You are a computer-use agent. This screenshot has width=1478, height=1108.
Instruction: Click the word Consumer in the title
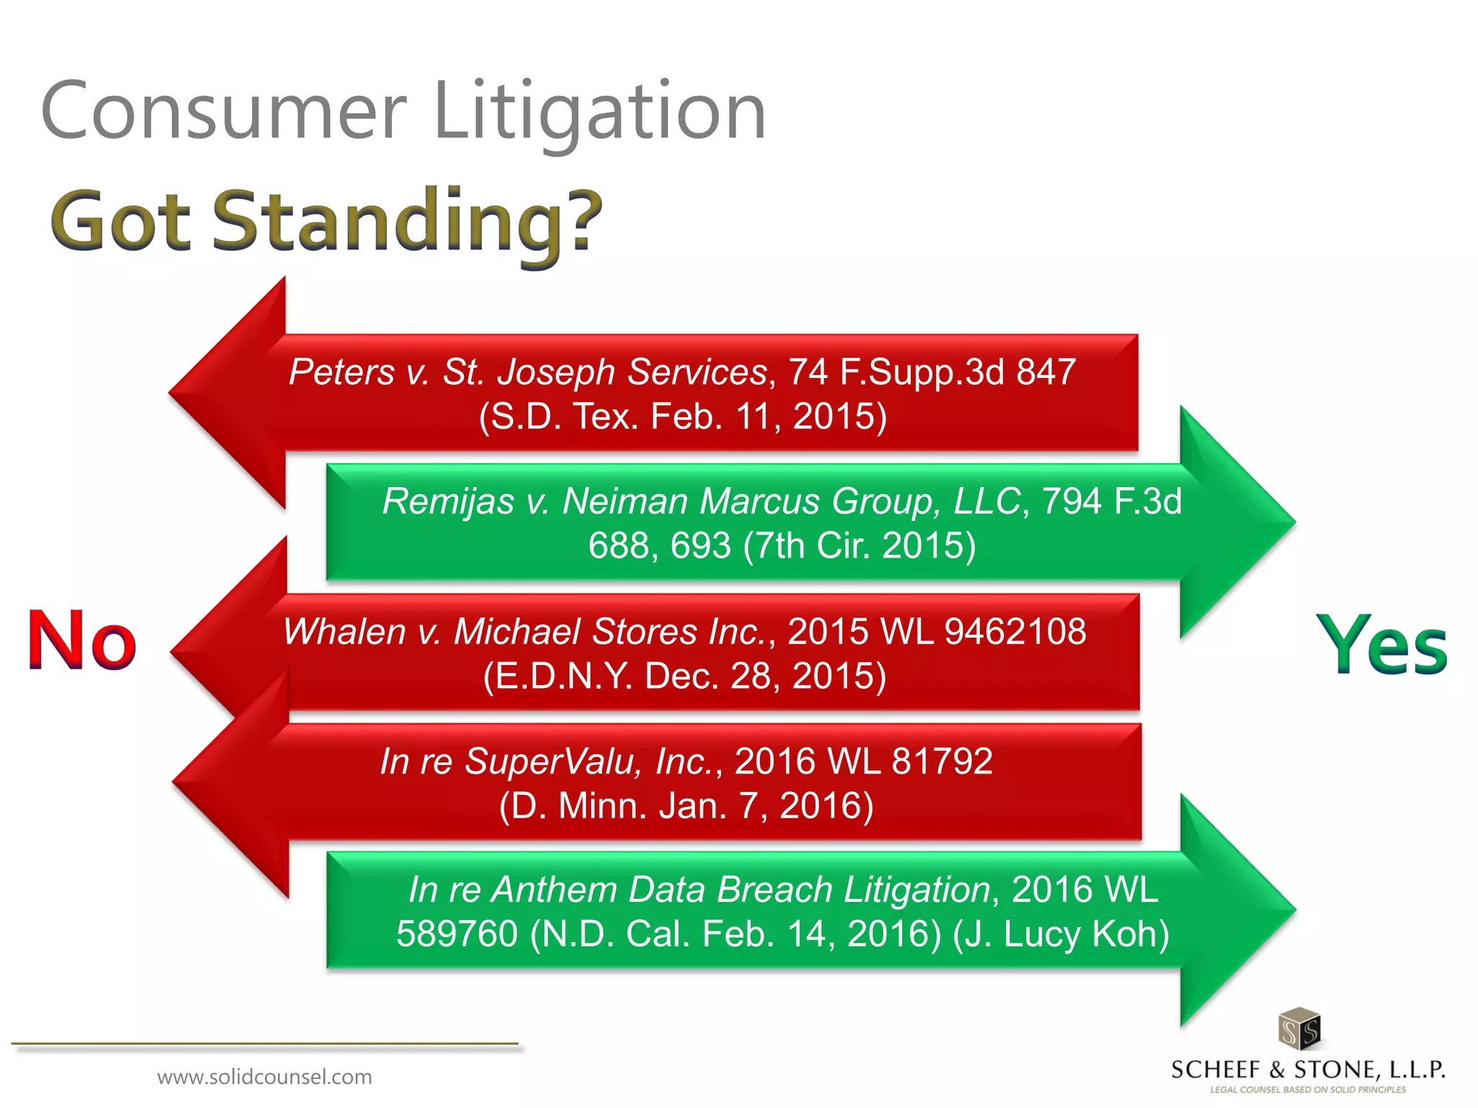224,112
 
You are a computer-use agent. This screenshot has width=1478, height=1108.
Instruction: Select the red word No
82,641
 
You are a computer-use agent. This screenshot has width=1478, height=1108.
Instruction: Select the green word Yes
1381,644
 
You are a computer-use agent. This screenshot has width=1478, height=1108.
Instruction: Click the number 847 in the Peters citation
1046,372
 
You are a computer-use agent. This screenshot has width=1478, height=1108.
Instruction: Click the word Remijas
447,501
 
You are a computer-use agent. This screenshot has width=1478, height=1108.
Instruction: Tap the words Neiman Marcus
691,501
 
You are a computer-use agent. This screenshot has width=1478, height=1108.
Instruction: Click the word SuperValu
548,762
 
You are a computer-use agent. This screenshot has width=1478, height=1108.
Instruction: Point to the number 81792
942,762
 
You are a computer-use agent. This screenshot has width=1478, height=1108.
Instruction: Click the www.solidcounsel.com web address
264,1077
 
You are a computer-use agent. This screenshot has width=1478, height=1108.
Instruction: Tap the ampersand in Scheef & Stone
1277,1070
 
